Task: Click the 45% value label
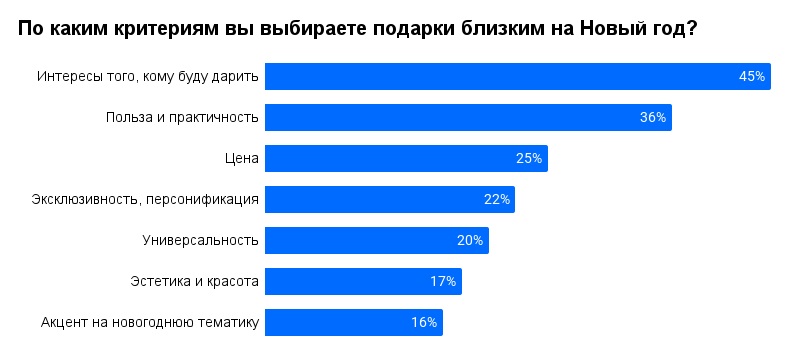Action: (x=752, y=76)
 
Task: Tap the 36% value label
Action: (x=653, y=117)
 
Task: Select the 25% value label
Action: (x=529, y=158)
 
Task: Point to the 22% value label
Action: (x=497, y=199)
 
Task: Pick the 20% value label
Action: (x=470, y=240)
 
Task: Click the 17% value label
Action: (x=443, y=281)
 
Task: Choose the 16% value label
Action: (x=424, y=322)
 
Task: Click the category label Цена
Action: (x=243, y=158)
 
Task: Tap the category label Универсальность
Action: (x=201, y=240)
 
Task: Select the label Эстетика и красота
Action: (x=195, y=281)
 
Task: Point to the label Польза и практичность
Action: (x=182, y=117)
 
